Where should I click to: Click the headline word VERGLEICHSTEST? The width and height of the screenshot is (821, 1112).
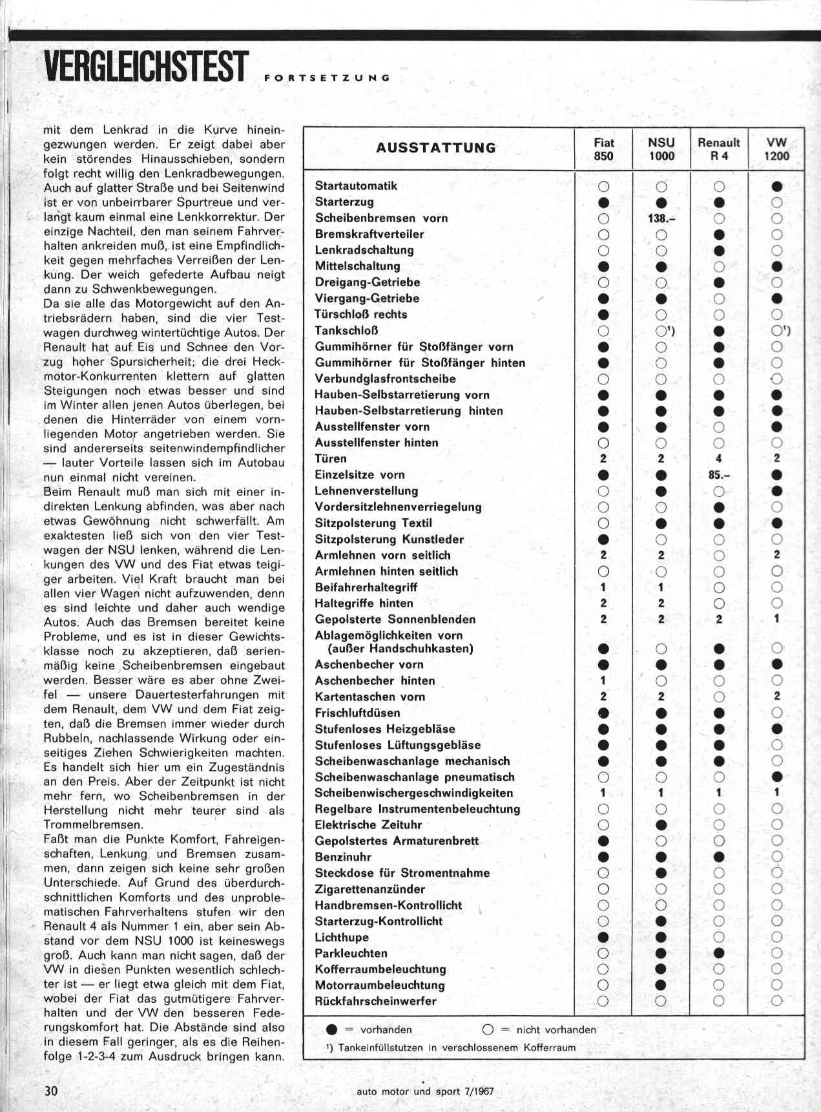click(x=146, y=67)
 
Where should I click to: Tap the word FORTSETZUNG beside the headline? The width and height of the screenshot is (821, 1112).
click(x=327, y=78)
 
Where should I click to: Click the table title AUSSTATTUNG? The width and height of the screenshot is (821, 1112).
click(x=436, y=148)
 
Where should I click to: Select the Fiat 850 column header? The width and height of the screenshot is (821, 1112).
click(x=603, y=149)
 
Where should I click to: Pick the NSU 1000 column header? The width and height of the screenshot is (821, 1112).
click(x=661, y=149)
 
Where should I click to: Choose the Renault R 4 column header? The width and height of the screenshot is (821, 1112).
click(x=718, y=149)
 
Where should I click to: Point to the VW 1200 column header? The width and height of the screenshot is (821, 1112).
click(x=776, y=149)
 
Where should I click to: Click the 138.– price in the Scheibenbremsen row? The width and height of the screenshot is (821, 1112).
click(x=661, y=218)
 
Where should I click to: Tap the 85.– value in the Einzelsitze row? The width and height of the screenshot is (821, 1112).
click(x=719, y=475)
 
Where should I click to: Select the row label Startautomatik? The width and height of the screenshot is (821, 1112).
click(x=356, y=186)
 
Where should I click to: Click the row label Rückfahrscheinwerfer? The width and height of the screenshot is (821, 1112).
click(x=375, y=1001)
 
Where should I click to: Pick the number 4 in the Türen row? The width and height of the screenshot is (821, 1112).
click(x=719, y=459)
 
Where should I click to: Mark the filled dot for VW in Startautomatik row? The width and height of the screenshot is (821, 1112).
click(x=777, y=186)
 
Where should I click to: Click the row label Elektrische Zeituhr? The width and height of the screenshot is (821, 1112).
click(x=368, y=824)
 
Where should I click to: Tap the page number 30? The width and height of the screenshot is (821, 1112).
click(x=51, y=1090)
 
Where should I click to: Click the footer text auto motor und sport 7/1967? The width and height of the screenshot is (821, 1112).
click(x=425, y=1091)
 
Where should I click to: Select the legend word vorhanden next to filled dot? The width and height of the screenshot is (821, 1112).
click(x=386, y=1029)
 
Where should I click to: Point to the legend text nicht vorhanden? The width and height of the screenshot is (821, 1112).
click(x=556, y=1029)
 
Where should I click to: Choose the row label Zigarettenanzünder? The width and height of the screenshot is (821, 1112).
click(x=369, y=889)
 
